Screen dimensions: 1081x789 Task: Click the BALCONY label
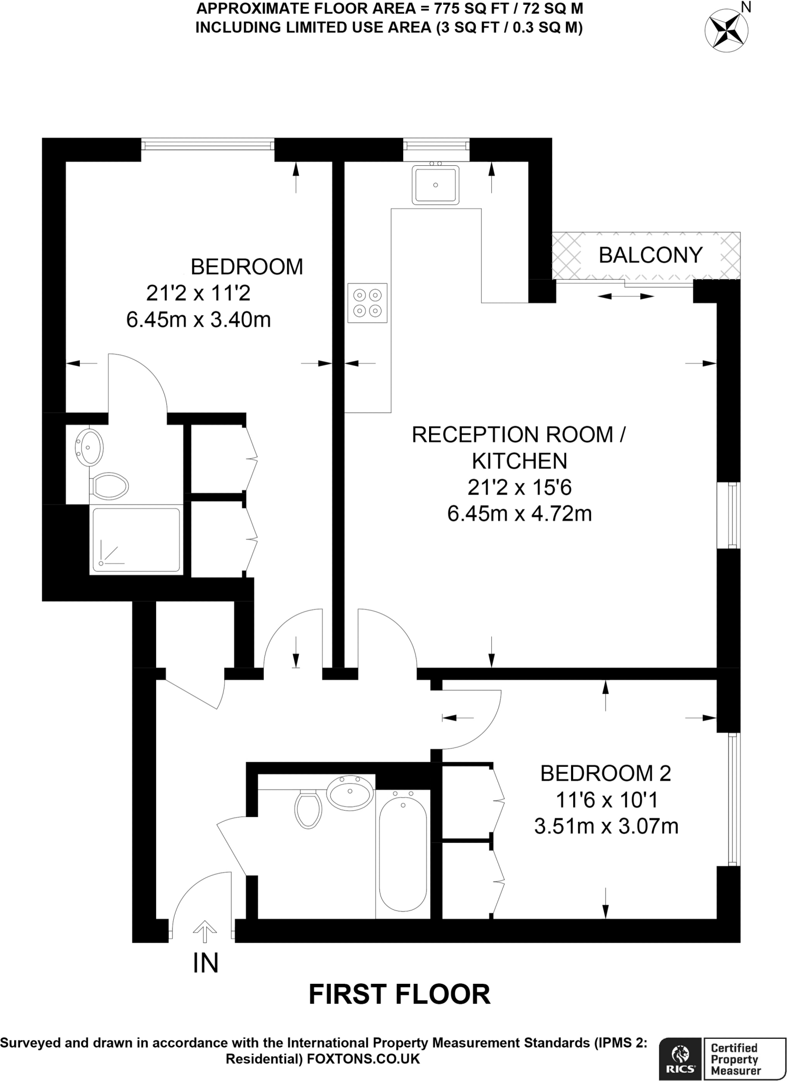[650, 255]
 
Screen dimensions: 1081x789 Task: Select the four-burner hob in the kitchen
[367, 303]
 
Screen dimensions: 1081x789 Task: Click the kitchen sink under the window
[435, 185]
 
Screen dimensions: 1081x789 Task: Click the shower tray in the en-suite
[136, 539]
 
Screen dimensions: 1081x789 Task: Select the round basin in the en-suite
[89, 447]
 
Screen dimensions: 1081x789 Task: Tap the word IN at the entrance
[205, 963]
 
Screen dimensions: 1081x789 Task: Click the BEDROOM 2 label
[605, 773]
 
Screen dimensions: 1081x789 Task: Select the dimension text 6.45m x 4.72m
[519, 514]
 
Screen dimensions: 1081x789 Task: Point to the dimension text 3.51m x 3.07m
[606, 826]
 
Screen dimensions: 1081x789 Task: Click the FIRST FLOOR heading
[399, 994]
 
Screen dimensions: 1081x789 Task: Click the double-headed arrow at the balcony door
[625, 297]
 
